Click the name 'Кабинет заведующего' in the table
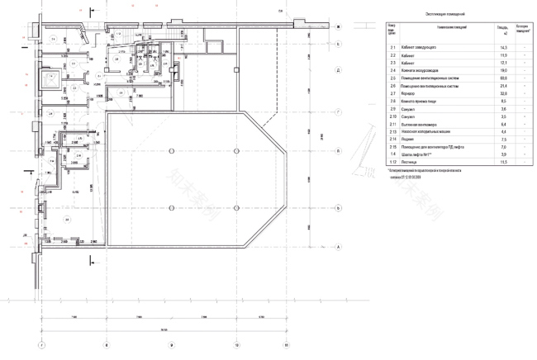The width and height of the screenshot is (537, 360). tap(419, 49)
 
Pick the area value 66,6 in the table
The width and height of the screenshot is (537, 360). tap(502, 78)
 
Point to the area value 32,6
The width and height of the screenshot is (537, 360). tap(502, 93)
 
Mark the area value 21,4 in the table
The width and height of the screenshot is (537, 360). tap(502, 86)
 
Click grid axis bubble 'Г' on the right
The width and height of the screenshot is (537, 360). tap(338, 111)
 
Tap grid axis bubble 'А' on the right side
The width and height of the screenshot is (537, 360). tap(338, 246)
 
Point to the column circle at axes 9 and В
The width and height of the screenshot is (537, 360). tap(169, 151)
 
